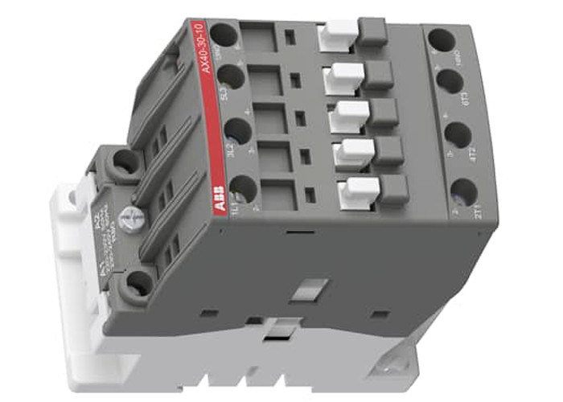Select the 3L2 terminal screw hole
tap(236, 131)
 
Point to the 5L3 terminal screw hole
tap(230, 76)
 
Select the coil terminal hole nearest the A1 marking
tap(140, 281)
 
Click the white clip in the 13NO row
tap(331, 34)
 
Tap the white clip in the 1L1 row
tap(360, 191)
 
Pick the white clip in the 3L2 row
tap(351, 150)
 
